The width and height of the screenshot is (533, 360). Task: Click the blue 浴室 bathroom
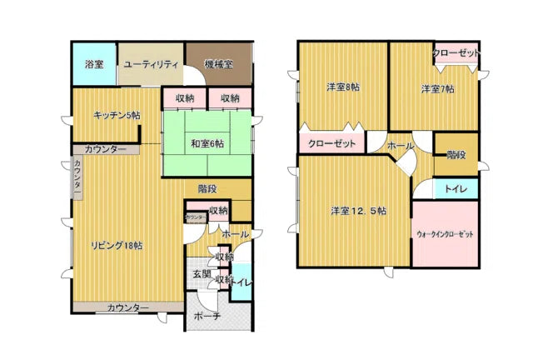click(x=92, y=64)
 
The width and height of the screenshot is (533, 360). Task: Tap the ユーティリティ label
click(x=151, y=63)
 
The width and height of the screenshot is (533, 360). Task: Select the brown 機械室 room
click(x=218, y=63)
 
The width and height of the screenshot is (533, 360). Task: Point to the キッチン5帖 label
click(x=116, y=116)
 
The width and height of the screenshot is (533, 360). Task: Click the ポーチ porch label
click(x=206, y=317)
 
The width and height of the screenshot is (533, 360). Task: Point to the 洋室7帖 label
click(x=436, y=88)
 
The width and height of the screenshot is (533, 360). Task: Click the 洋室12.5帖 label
click(x=357, y=212)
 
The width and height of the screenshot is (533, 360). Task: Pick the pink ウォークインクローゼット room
click(x=445, y=234)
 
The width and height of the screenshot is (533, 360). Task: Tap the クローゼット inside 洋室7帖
click(x=456, y=53)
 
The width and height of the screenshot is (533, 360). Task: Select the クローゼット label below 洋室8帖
click(x=332, y=144)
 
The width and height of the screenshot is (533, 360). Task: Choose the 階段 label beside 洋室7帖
click(x=456, y=156)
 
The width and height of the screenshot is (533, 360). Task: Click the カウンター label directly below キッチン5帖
click(x=106, y=149)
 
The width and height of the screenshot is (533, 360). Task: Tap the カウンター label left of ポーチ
click(x=128, y=307)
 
